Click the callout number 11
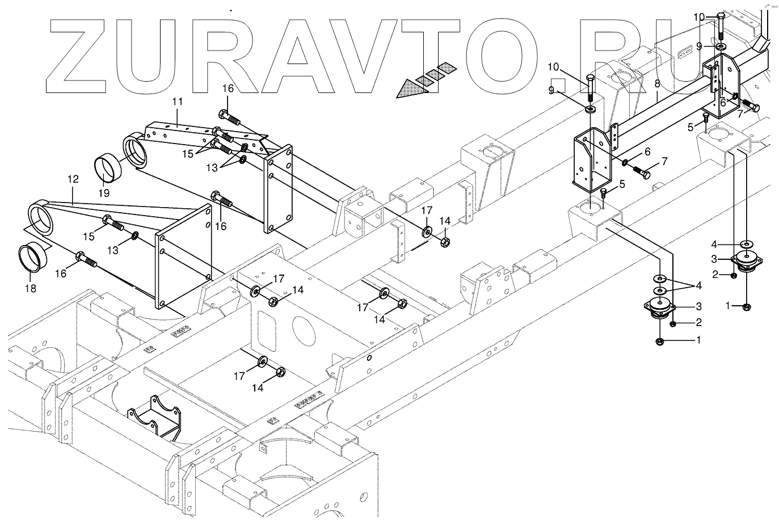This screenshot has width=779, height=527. pyautogui.click(x=177, y=102)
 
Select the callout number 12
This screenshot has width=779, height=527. pyautogui.click(x=73, y=179)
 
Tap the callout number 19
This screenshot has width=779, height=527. pyautogui.click(x=105, y=193)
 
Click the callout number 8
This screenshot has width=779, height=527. pyautogui.click(x=656, y=83)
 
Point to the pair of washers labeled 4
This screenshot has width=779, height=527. pyautogui.click(x=660, y=284)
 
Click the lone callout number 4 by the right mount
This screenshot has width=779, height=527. pyautogui.click(x=715, y=244)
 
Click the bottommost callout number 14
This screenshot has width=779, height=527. pyautogui.click(x=258, y=388)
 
